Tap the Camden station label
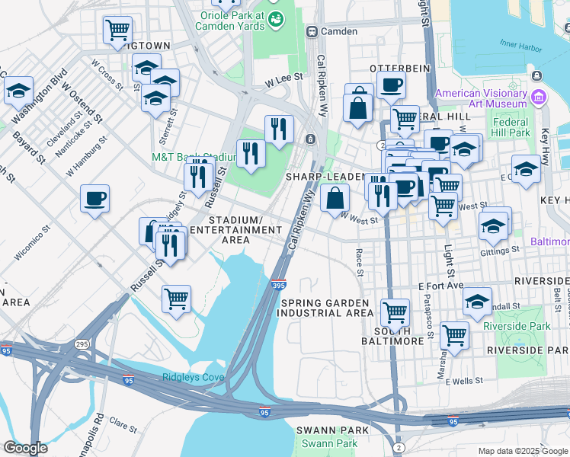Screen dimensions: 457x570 pos(338,31)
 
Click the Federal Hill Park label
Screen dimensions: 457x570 pos(510,127)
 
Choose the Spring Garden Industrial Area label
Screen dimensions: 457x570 pos(327,308)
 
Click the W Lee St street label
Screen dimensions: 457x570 pos(284,78)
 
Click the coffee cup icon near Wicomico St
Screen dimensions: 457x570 pos(94,199)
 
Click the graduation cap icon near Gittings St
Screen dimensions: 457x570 pos(494,226)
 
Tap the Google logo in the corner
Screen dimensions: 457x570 pos(25,448)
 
